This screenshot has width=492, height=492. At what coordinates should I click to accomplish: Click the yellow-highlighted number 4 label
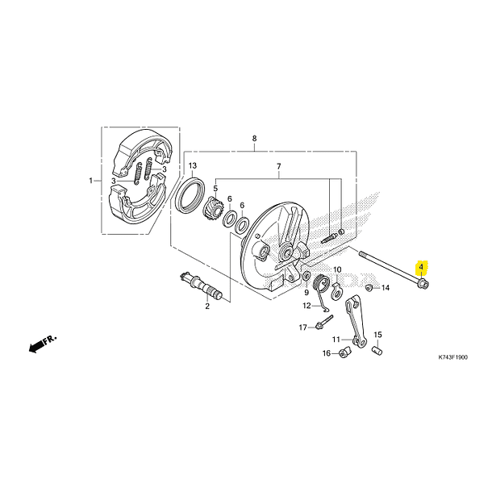(421, 266)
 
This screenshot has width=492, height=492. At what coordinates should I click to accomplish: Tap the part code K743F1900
(452, 357)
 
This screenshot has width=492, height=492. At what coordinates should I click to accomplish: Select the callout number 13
(193, 166)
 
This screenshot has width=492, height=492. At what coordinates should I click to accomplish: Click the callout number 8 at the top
(254, 139)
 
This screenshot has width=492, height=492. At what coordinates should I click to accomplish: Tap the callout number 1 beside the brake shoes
(91, 180)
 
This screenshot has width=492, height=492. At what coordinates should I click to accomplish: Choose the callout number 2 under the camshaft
(206, 306)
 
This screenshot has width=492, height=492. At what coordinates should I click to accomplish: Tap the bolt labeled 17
(321, 327)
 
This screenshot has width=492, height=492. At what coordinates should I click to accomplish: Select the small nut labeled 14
(369, 286)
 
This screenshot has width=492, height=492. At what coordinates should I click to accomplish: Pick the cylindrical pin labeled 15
(376, 350)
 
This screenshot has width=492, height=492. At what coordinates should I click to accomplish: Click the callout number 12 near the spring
(306, 306)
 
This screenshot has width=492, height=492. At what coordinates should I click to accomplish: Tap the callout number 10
(337, 269)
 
